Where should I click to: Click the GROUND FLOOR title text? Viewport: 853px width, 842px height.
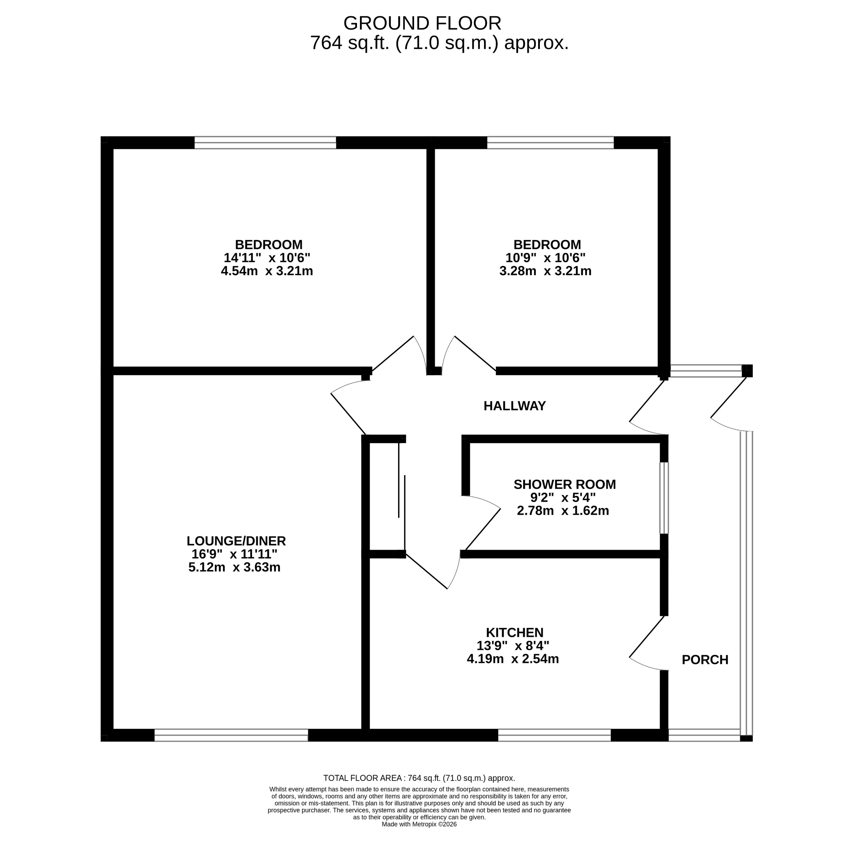(x=422, y=23)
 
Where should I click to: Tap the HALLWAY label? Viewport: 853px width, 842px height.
(x=514, y=406)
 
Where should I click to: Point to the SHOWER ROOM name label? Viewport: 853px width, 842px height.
(x=564, y=484)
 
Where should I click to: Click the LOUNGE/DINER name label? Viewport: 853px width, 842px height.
(x=236, y=541)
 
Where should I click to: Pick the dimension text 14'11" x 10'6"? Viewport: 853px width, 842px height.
(x=267, y=258)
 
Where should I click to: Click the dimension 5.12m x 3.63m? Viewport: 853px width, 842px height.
(x=234, y=567)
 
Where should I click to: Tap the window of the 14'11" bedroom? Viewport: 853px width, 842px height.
(x=265, y=143)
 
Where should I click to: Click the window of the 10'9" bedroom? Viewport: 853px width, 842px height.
(x=550, y=143)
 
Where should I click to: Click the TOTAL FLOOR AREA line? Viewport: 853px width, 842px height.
(x=419, y=778)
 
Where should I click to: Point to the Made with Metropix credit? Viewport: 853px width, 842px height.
(x=419, y=824)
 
